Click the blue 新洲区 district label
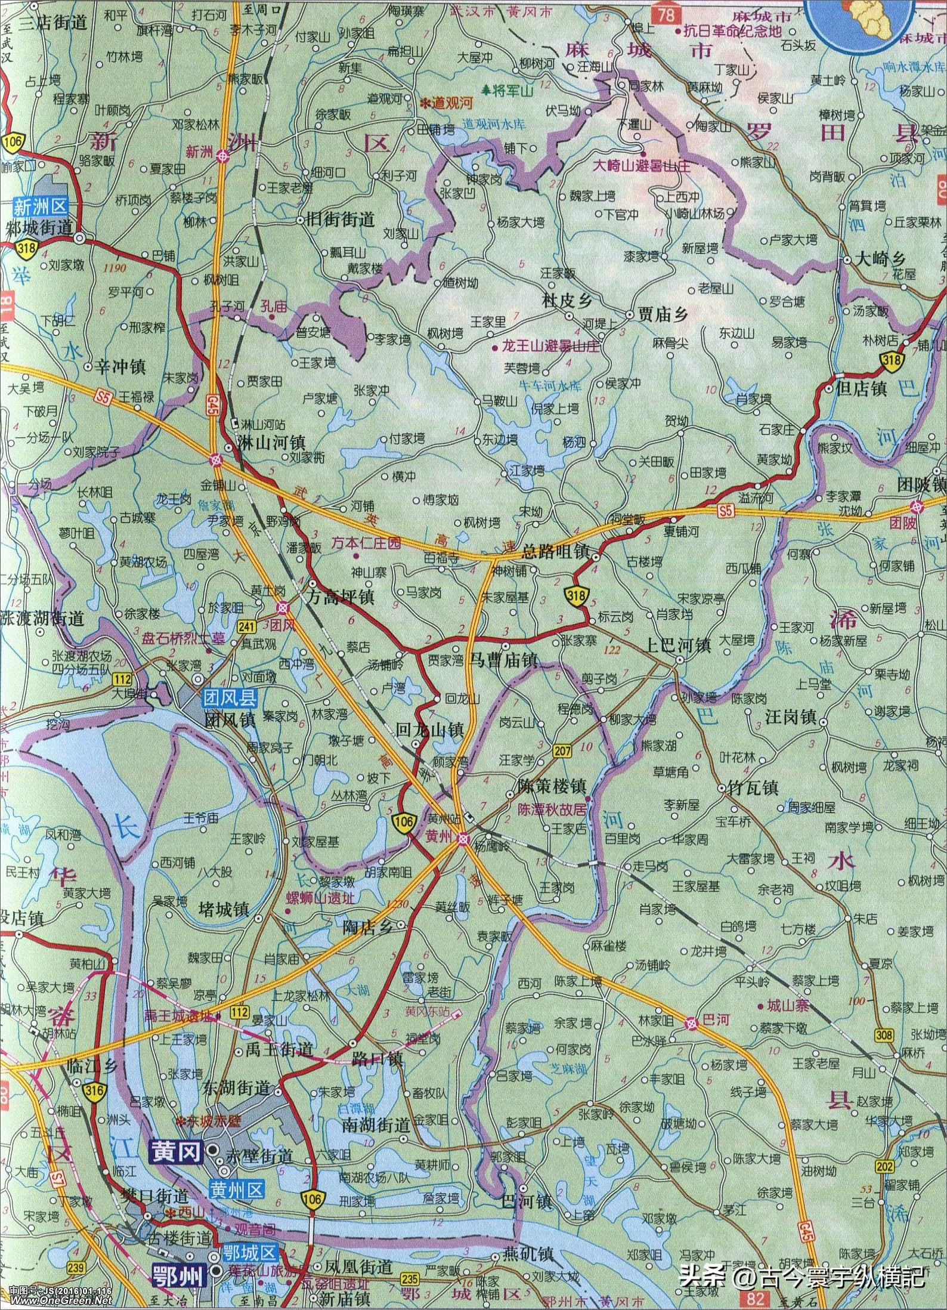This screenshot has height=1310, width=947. point(40,207)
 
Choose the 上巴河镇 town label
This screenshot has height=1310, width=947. point(679,645)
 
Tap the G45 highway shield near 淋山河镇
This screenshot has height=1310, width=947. point(213,400)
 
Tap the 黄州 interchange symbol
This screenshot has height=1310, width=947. point(463,839)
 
